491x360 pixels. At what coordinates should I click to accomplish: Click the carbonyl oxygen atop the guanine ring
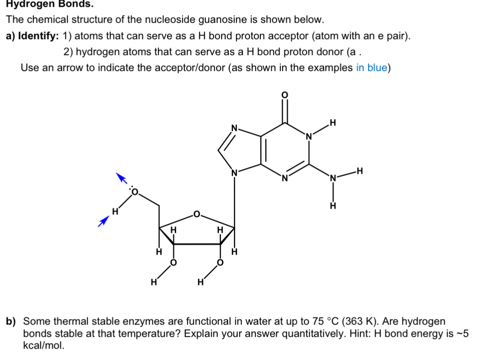tap(285, 95)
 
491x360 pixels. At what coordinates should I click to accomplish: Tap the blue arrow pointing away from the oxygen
tap(121, 178)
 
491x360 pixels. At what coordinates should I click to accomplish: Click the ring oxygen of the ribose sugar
tap(196, 214)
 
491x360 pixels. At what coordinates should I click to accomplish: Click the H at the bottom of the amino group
tap(333, 206)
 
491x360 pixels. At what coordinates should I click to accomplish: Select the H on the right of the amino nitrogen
tap(360, 171)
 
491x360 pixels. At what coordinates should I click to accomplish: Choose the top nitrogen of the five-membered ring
tap(234, 129)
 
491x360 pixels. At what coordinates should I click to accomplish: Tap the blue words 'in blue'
tap(372, 68)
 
